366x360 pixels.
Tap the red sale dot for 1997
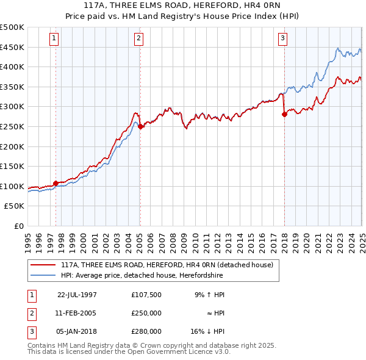56,183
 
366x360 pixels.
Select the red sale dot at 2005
140,127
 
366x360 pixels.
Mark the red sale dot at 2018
284,114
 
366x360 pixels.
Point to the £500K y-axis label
12,27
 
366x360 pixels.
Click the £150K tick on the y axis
12,166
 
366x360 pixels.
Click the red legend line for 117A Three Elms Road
43,265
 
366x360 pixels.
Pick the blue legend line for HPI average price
43,275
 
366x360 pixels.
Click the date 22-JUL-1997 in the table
77,295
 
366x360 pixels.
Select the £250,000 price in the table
146,313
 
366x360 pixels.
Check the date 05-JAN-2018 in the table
77,331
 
